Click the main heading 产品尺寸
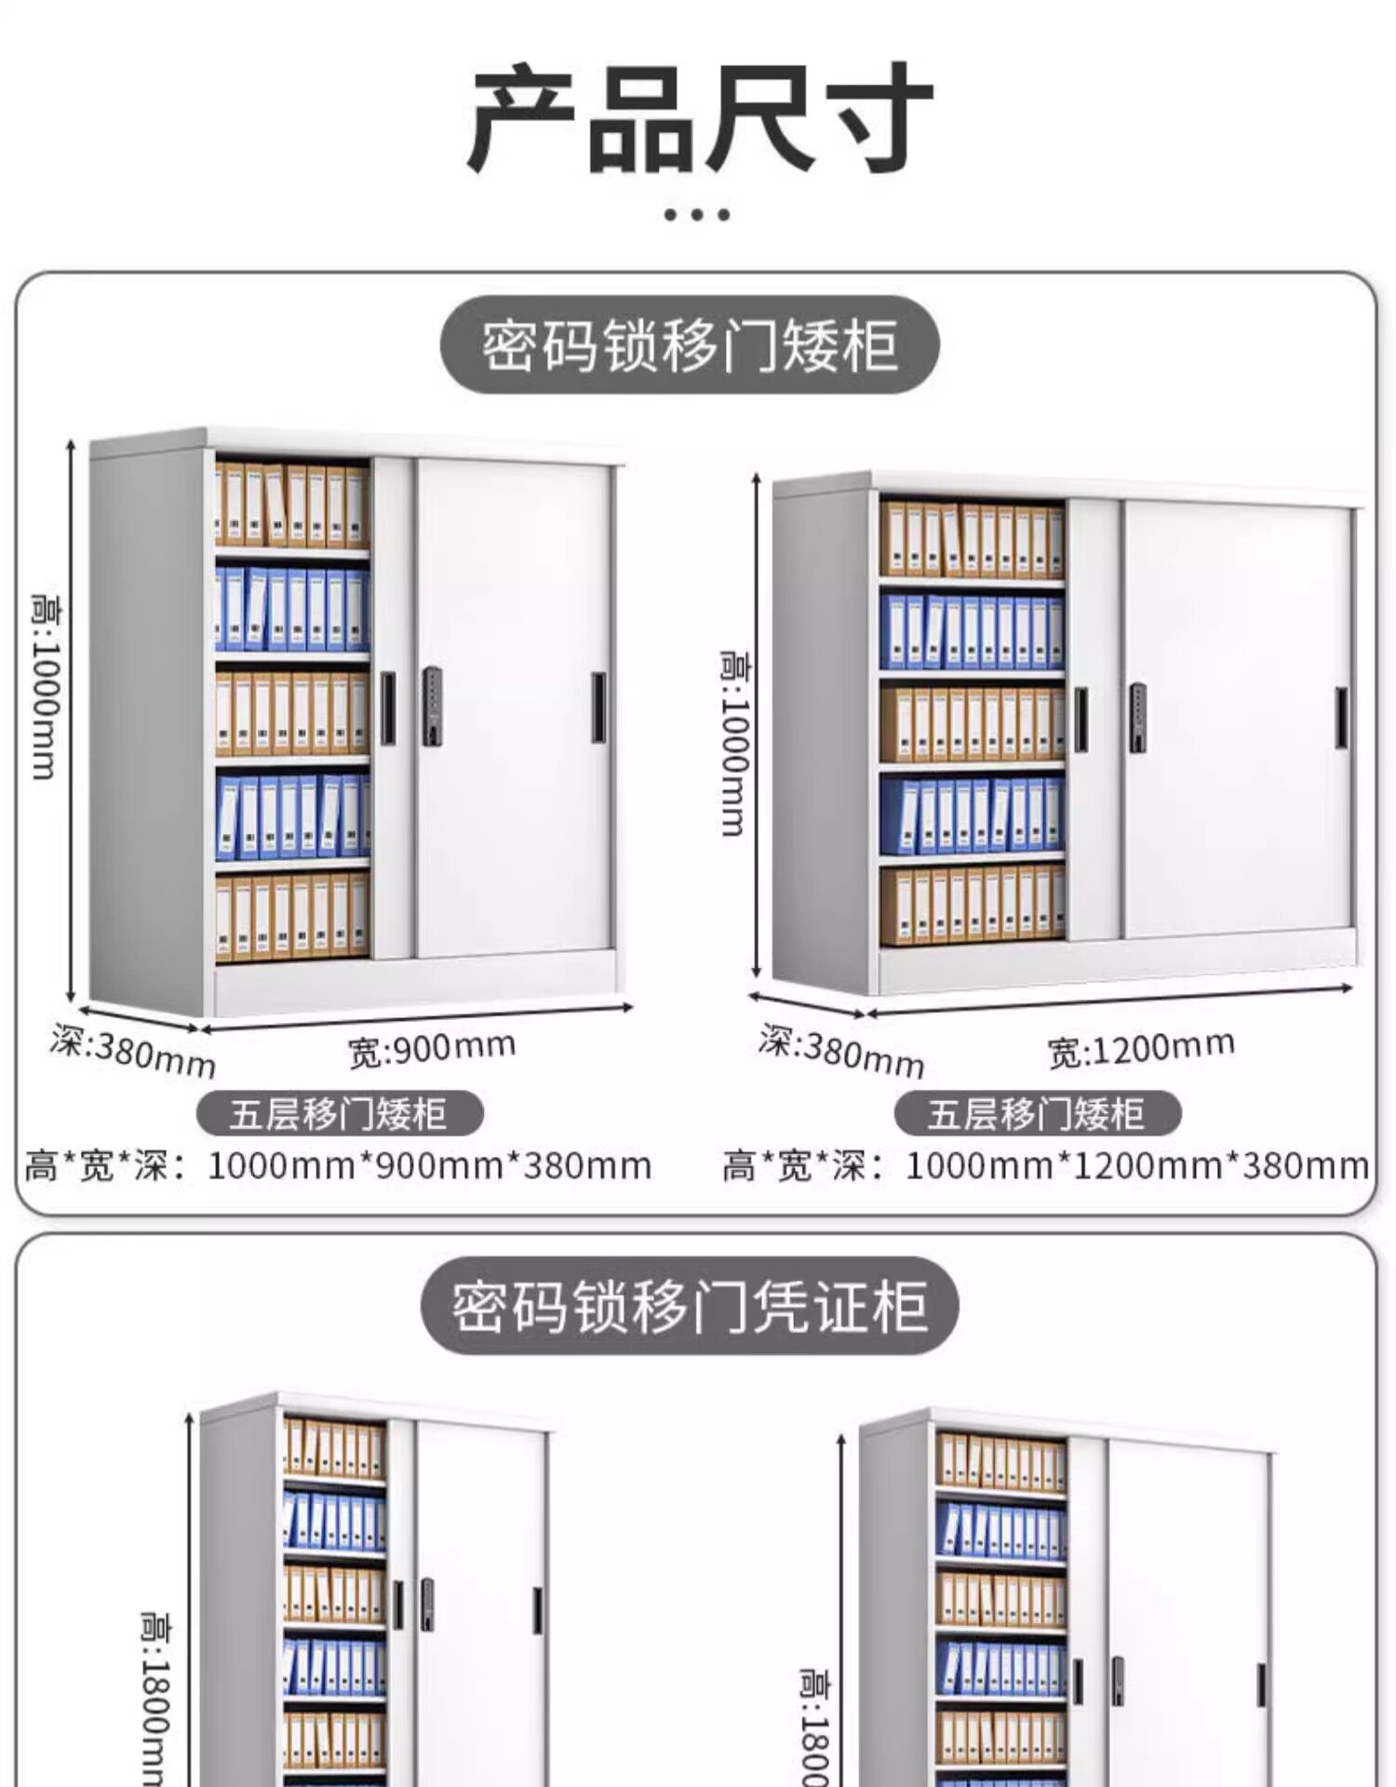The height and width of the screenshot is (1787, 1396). click(x=700, y=119)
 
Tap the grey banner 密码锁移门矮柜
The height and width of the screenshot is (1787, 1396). click(x=690, y=345)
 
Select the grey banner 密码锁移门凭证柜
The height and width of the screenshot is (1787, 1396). click(x=690, y=1306)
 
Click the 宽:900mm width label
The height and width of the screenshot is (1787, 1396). click(x=432, y=1048)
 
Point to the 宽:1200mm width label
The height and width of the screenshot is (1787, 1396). click(x=1141, y=1049)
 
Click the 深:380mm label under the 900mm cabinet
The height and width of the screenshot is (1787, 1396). click(x=133, y=1052)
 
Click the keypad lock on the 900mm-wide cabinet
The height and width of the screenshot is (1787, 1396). click(x=432, y=705)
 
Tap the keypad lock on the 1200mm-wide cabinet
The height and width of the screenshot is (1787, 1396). click(x=1137, y=717)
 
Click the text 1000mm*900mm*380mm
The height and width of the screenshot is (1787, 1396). click(x=429, y=1165)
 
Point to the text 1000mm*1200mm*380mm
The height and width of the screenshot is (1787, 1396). click(x=1136, y=1165)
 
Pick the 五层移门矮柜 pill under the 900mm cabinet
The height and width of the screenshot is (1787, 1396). click(x=340, y=1113)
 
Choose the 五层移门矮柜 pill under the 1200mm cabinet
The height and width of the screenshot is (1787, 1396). click(x=1037, y=1113)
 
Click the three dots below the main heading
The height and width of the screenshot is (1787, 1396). click(x=697, y=215)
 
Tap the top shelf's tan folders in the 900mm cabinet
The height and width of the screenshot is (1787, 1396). click(x=291, y=505)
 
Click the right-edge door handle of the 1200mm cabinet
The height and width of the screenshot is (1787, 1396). click(x=1341, y=718)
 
